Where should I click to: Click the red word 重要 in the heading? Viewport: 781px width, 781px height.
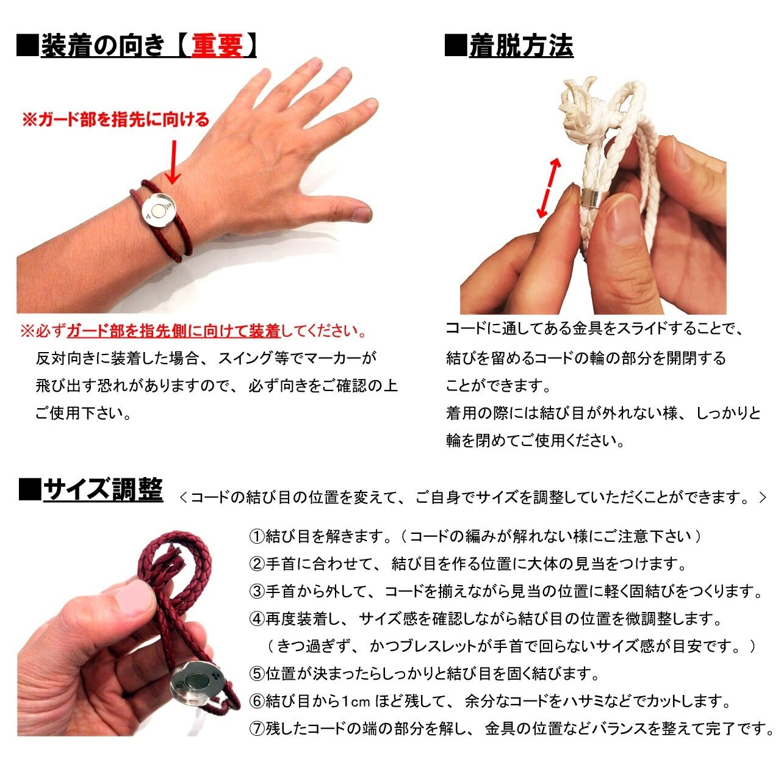217,46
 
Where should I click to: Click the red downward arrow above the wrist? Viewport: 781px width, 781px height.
174,162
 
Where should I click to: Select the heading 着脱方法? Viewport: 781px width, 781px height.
521,46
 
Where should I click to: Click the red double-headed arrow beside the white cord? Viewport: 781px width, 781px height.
549,187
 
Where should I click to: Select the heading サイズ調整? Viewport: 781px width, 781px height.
103,491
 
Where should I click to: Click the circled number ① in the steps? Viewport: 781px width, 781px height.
256,537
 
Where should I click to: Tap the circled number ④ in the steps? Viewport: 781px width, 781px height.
256,619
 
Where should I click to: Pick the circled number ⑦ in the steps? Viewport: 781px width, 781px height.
256,728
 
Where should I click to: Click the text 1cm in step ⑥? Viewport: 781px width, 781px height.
356,701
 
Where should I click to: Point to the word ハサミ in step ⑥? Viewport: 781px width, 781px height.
571,701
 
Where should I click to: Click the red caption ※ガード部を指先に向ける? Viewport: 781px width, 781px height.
115,120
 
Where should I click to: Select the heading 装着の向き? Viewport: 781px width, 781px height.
103,46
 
